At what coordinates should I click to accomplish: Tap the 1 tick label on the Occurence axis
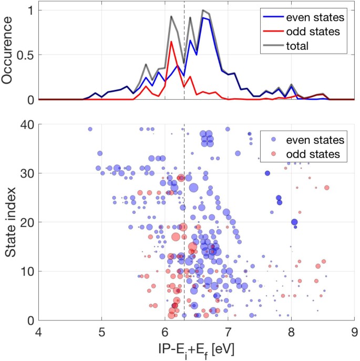coord(32,10)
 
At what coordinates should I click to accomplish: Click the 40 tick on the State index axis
coord(28,125)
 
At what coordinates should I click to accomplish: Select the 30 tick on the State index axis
coord(28,173)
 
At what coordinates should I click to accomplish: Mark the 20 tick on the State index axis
coord(28,222)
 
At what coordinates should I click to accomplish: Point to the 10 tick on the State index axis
coord(28,271)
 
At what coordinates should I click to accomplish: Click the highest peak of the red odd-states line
coord(171,42)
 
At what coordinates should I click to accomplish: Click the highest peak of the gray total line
coord(203,10)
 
